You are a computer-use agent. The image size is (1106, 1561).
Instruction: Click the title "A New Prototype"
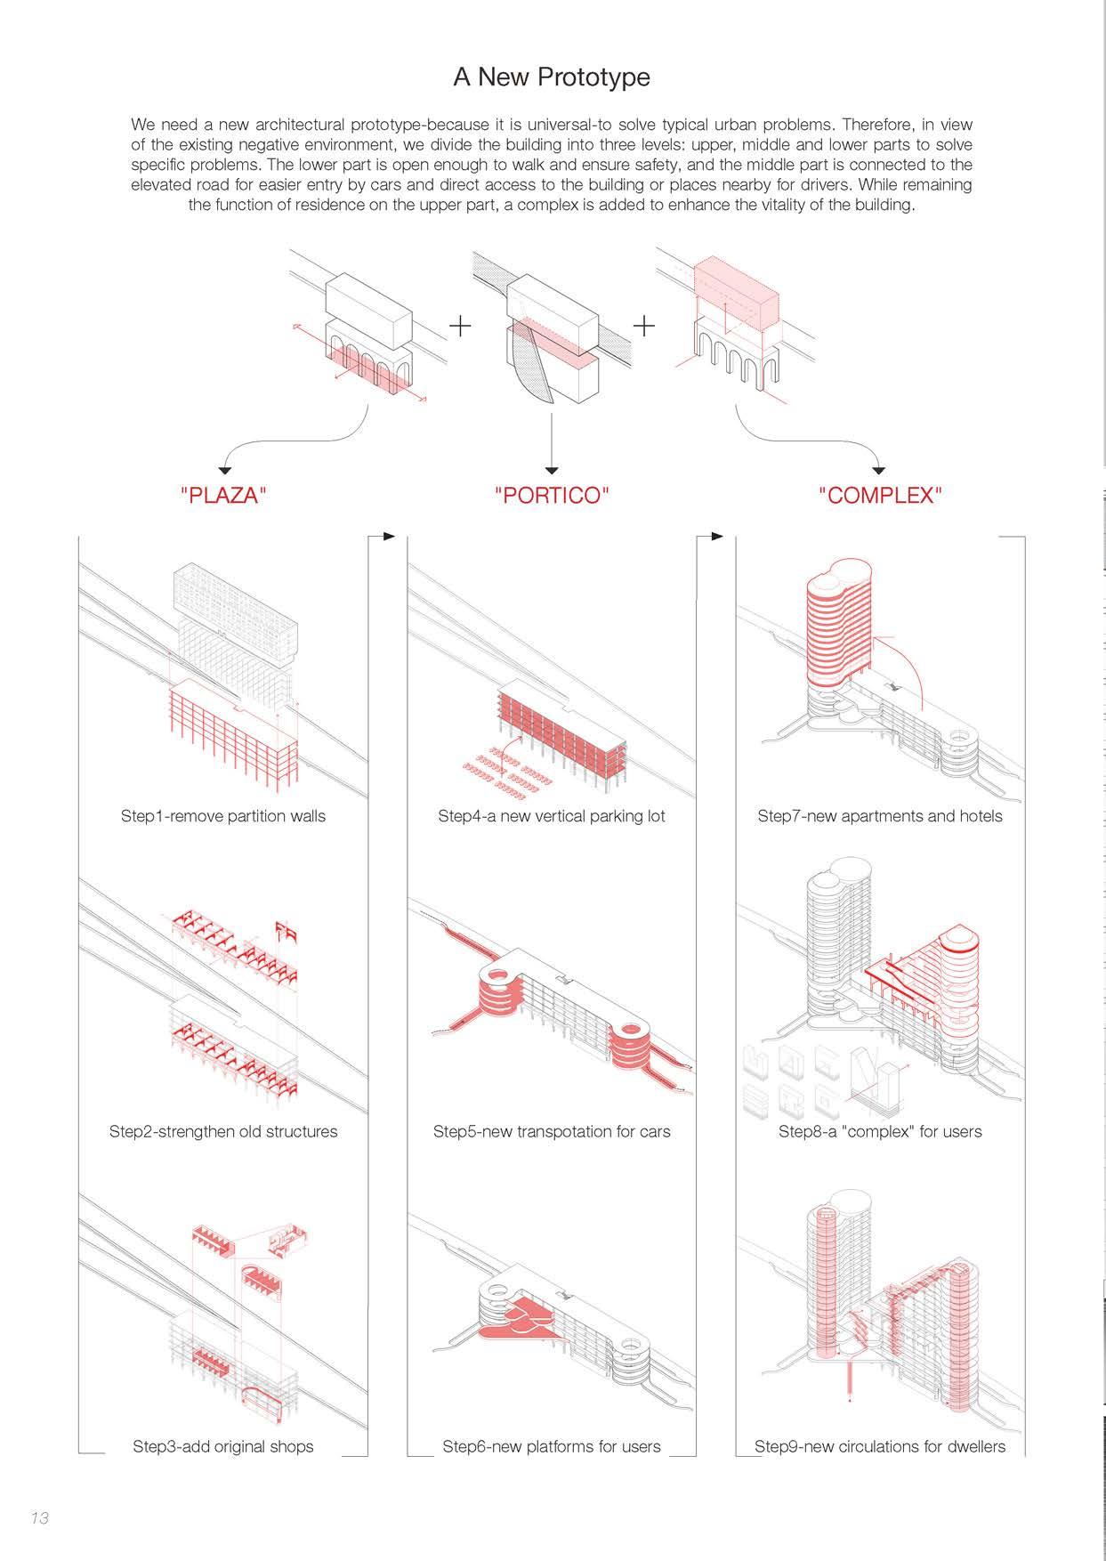552,77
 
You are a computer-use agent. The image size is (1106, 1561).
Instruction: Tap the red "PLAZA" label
223,496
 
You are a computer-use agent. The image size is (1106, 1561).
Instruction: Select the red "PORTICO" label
552,496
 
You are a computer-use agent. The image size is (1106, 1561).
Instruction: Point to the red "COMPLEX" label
880,496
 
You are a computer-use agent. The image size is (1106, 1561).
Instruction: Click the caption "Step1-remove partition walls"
223,816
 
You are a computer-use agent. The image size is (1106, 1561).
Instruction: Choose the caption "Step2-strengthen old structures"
223,1131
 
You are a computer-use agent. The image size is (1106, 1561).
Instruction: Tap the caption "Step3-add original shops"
223,1446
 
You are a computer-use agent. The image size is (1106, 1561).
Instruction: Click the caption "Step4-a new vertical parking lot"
552,816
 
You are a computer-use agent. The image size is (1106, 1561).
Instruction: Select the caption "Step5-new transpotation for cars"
552,1131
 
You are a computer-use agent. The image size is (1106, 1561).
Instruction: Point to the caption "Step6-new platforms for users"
552,1446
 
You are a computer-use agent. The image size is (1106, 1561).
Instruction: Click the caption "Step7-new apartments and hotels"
880,816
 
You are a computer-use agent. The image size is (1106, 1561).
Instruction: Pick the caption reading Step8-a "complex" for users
880,1131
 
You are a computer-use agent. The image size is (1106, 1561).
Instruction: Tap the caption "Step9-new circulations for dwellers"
880,1446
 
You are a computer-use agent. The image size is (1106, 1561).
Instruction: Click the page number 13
39,1517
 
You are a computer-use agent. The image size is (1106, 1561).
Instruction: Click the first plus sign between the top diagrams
460,326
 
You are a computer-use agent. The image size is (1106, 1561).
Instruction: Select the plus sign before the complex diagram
643,326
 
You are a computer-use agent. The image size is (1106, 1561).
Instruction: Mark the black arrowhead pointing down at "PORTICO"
552,469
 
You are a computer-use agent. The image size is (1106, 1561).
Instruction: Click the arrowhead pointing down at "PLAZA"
225,469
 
